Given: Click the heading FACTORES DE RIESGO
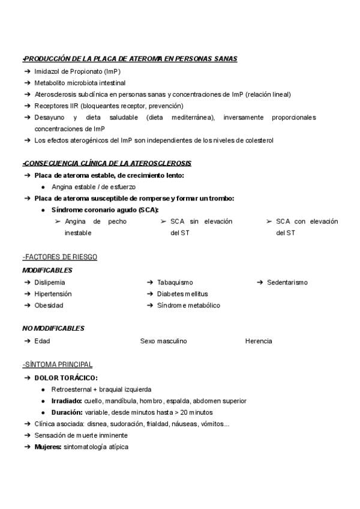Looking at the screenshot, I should pyautogui.click(x=59, y=257).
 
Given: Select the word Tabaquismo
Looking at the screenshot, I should pyautogui.click(x=175, y=282).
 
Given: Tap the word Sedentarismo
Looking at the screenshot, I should pyautogui.click(x=287, y=282).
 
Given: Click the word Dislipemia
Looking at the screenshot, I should pyautogui.click(x=50, y=282).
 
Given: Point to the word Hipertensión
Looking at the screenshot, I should pyautogui.click(x=53, y=294).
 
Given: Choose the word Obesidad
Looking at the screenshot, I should pyautogui.click(x=49, y=306).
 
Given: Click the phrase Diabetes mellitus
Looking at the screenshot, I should pyautogui.click(x=182, y=294).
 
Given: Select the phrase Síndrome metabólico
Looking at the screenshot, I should pyautogui.click(x=188, y=306).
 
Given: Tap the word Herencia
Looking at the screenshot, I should pyautogui.click(x=259, y=341).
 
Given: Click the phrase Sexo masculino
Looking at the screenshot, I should pyautogui.click(x=163, y=341).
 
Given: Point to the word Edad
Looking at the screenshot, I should pyautogui.click(x=42, y=341).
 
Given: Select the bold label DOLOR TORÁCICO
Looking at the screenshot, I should pyautogui.click(x=65, y=378).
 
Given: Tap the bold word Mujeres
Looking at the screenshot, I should pyautogui.click(x=48, y=447).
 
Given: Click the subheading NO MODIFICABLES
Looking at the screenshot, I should pyautogui.click(x=53, y=328).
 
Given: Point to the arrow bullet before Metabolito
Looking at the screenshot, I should pyautogui.click(x=27, y=83).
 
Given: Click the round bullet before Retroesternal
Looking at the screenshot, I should pyautogui.click(x=44, y=389).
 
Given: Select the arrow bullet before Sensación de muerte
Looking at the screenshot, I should pyautogui.click(x=27, y=435).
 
